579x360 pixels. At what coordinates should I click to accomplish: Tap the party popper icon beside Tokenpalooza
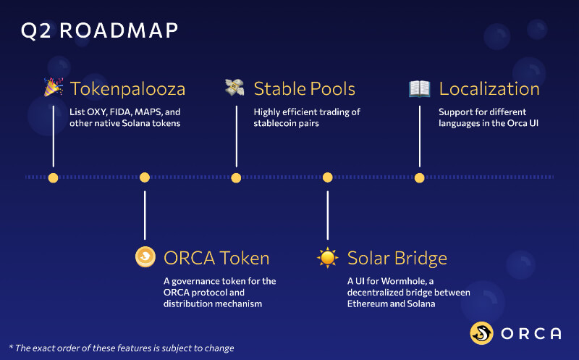53,88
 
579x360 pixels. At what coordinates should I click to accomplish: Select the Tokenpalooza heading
127,89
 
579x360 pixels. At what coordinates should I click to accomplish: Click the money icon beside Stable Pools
235,88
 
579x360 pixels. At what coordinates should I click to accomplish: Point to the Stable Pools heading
304,89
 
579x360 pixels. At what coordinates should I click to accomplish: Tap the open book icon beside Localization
419,88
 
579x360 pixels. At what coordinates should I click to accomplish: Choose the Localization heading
489,89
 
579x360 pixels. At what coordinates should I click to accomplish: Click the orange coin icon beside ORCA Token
145,257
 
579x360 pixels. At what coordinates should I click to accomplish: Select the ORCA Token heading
216,258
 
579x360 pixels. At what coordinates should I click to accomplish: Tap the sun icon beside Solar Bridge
328,257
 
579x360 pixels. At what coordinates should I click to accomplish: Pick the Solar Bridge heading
397,258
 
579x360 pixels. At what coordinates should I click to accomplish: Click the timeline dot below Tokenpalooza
53,177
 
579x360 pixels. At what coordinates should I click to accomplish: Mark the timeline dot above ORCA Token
145,177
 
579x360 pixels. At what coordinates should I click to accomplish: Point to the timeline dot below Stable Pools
236,177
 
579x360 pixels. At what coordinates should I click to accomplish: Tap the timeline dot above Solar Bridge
328,177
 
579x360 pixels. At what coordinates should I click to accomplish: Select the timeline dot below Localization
419,177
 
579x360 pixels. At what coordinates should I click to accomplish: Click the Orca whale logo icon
482,333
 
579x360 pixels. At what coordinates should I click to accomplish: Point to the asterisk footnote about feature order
121,348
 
